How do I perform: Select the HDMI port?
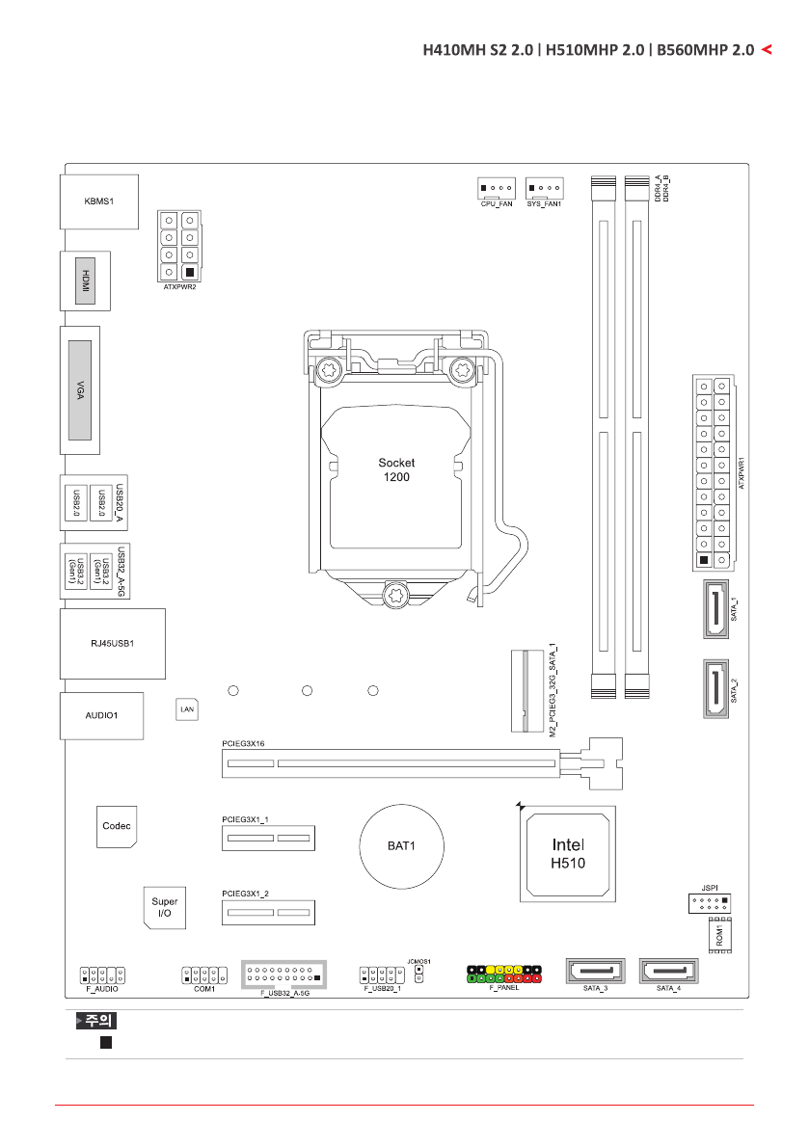86,280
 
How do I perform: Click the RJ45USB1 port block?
112,643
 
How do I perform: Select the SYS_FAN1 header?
544,188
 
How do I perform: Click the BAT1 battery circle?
401,845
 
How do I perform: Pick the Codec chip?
117,826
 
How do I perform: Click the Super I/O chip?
165,907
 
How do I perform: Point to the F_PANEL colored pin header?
504,973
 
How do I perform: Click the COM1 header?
204,974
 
